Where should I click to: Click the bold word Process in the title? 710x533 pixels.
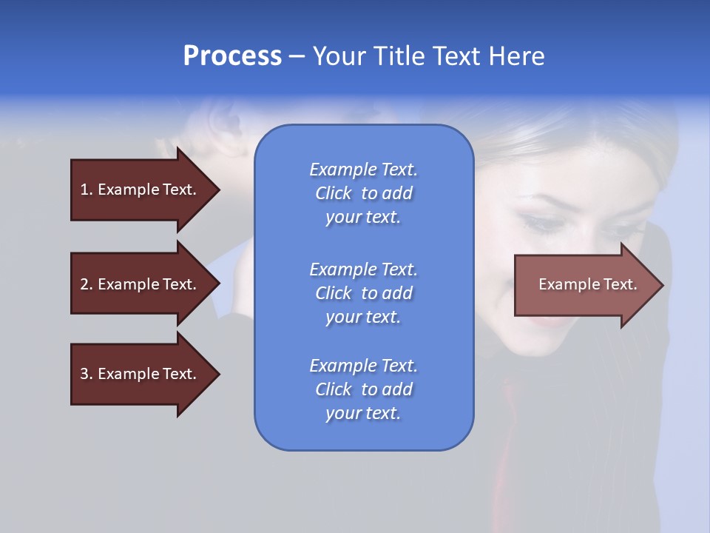point(232,56)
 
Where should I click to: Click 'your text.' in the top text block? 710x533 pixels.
point(363,218)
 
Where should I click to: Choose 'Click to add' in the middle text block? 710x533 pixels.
point(363,293)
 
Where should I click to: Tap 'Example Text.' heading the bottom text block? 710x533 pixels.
point(363,366)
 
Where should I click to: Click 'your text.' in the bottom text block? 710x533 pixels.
point(363,414)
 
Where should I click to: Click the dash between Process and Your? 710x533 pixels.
point(297,56)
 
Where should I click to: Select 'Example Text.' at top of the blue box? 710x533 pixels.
point(363,170)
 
